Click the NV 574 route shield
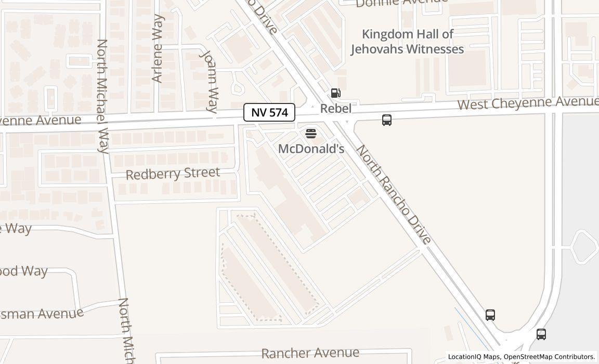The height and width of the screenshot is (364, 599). coord(269,112)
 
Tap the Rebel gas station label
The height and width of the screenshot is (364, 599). coord(335,109)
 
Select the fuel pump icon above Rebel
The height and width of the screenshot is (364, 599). coord(336,94)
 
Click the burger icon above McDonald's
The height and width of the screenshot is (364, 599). coord(311,134)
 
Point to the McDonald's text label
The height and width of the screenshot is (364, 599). coord(311,149)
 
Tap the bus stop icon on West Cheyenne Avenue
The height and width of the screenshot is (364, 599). coord(387,120)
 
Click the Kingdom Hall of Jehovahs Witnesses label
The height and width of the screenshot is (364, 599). coord(407,42)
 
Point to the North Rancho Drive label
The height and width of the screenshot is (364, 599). coord(394,194)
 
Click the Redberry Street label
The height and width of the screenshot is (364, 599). coord(173,173)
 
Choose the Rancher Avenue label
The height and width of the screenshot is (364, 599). coord(310,354)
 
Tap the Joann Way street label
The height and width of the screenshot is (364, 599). coord(210,81)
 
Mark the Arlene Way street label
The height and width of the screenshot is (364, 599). coord(158,48)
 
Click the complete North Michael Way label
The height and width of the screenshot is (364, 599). coord(102,96)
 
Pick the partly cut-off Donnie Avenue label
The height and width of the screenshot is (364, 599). coord(401,3)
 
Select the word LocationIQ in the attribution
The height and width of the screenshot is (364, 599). coord(465,357)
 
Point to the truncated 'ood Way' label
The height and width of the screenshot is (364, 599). coord(24,271)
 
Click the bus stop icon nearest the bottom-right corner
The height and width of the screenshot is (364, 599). coord(541,334)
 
